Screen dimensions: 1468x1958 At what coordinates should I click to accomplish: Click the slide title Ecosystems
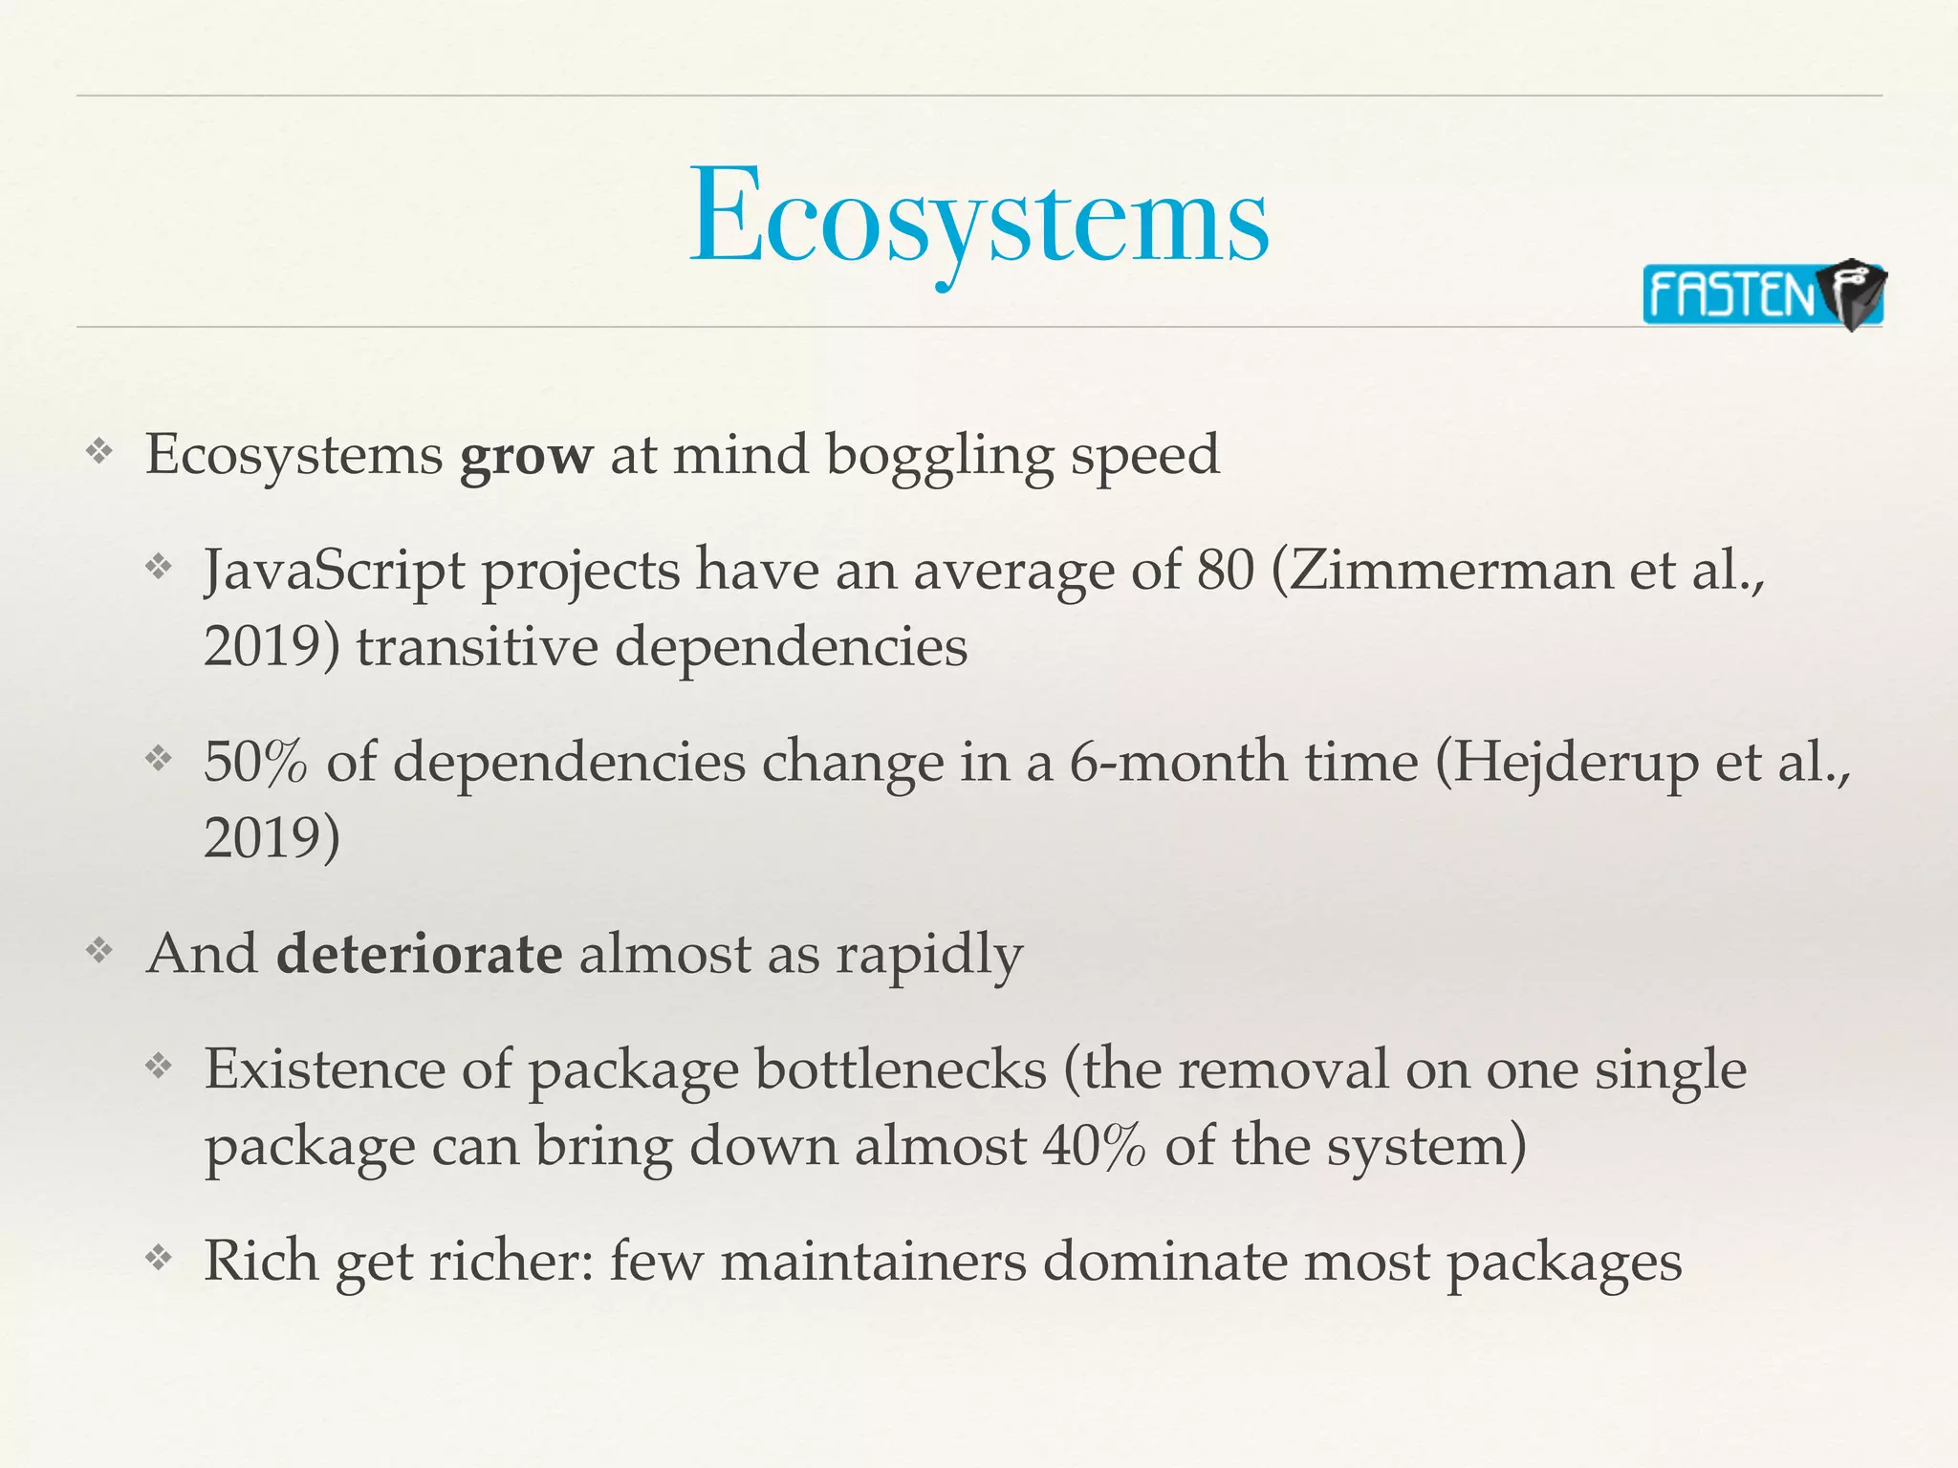click(x=979, y=218)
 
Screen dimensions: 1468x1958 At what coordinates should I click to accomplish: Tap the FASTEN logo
click(x=1762, y=294)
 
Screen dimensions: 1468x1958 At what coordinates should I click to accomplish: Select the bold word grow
click(x=526, y=455)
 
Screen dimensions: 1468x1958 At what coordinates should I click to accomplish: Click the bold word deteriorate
click(x=419, y=954)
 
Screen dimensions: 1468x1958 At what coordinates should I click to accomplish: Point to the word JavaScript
click(x=335, y=571)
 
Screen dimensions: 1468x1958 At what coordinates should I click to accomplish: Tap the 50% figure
click(x=255, y=763)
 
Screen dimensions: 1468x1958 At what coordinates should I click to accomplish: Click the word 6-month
click(x=1176, y=763)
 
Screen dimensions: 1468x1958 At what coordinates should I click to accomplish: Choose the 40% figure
click(x=1093, y=1146)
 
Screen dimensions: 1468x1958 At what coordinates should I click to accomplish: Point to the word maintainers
click(x=873, y=1261)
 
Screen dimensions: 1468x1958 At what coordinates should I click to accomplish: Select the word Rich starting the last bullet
click(x=261, y=1261)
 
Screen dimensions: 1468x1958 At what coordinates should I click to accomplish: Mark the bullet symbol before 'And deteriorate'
click(x=99, y=952)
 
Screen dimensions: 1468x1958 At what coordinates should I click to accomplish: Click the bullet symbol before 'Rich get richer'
click(x=158, y=1259)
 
